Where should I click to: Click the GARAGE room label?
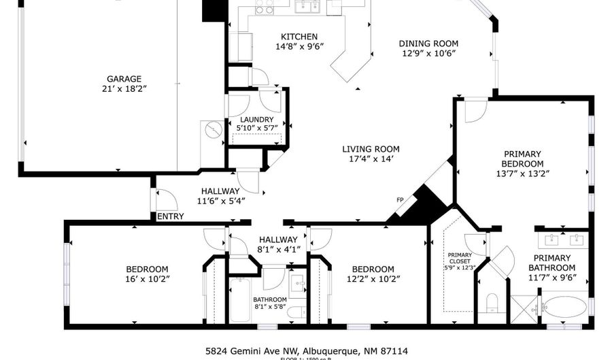(x=123, y=78)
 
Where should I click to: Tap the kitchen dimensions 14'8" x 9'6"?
(x=299, y=47)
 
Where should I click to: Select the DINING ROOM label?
(x=428, y=43)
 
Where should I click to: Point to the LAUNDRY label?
(x=256, y=119)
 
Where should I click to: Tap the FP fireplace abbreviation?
(x=400, y=200)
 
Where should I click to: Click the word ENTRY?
(x=170, y=216)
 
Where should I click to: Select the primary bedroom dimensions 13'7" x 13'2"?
(x=522, y=174)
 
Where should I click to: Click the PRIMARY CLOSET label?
(x=460, y=259)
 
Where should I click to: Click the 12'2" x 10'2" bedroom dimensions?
(x=373, y=279)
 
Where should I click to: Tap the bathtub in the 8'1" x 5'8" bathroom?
(x=239, y=300)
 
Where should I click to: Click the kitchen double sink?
(x=307, y=7)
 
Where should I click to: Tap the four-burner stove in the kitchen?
(x=265, y=7)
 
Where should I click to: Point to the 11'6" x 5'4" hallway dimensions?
(x=220, y=201)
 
